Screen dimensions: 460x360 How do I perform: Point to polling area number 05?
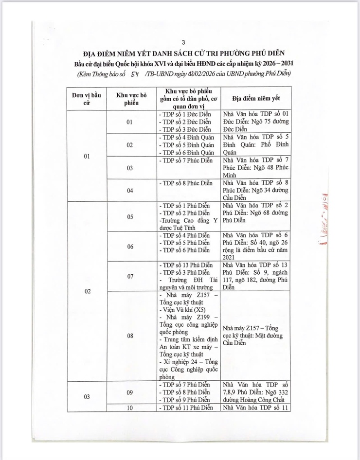[x=130, y=217]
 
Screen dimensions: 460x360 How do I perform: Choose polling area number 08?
[x=130, y=336]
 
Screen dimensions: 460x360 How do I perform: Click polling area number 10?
[x=130, y=407]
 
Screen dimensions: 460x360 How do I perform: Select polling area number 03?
[x=130, y=168]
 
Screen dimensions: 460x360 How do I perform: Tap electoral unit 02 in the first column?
[x=88, y=291]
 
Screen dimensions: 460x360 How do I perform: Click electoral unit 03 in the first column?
[x=88, y=397]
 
